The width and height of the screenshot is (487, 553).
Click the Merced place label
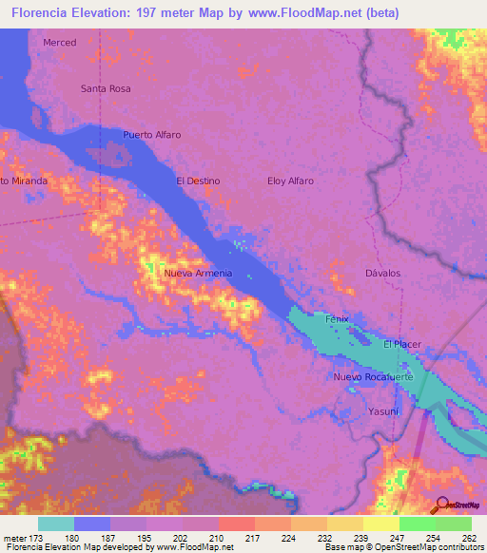pos(59,43)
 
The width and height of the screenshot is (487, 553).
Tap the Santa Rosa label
pos(106,88)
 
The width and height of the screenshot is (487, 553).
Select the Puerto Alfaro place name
pos(152,135)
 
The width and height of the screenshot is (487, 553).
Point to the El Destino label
pos(198,181)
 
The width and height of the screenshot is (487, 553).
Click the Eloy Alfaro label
pos(290,181)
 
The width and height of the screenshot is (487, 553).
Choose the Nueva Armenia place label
pos(198,274)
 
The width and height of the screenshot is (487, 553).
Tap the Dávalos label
pos(383,274)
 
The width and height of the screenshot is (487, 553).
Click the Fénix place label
pos(338,319)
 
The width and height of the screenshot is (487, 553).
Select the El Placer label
pos(402,344)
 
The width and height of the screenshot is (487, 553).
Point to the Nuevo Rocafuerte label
pos(374,377)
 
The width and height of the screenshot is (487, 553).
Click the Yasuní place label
pos(383,411)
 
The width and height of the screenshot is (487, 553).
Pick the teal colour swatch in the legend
pos(56,524)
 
